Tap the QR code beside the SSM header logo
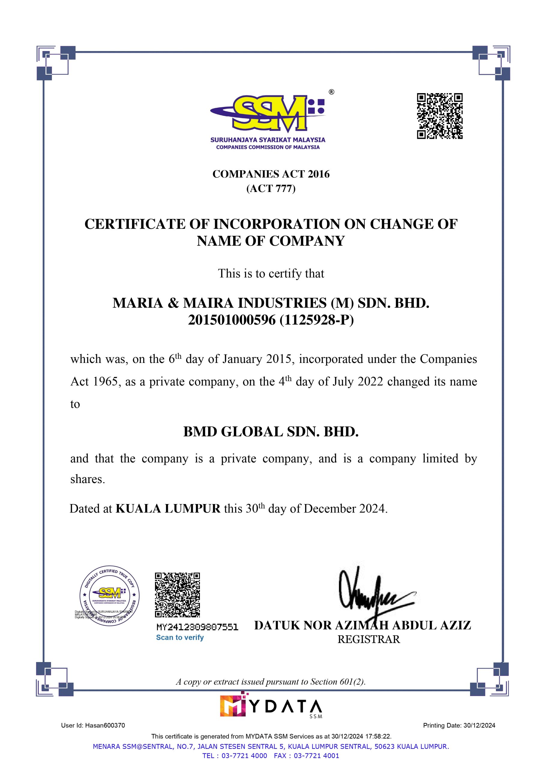point(439,116)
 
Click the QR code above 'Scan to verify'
point(177,595)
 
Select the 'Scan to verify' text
point(180,637)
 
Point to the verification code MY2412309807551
point(197,627)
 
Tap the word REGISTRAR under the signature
point(369,640)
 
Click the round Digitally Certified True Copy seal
point(110,596)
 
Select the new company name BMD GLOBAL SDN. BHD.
point(271,432)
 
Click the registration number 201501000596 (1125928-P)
point(271,320)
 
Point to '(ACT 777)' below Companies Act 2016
point(271,189)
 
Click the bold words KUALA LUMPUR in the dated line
point(168,509)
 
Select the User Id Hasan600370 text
point(93,725)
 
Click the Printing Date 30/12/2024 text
point(459,725)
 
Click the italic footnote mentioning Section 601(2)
point(271,682)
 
